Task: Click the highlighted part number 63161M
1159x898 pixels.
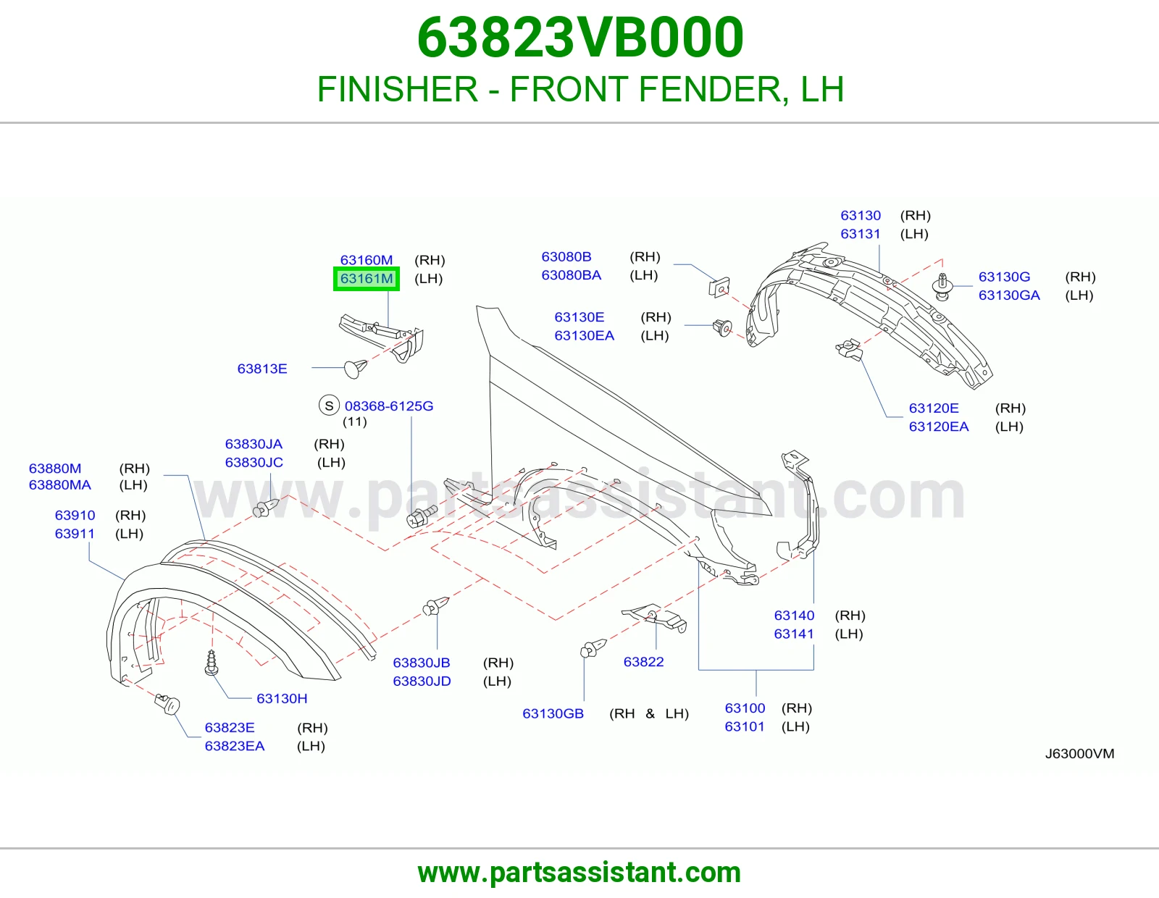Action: pyautogui.click(x=367, y=278)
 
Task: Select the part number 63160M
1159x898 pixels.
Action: pyautogui.click(x=367, y=260)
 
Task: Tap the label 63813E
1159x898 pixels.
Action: pyautogui.click(x=262, y=369)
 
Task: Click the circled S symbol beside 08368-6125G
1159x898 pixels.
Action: pyautogui.click(x=329, y=406)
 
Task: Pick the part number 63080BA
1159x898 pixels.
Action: pyautogui.click(x=572, y=275)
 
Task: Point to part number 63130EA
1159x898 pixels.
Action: pyautogui.click(x=584, y=335)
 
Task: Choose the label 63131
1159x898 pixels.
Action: pyautogui.click(x=861, y=234)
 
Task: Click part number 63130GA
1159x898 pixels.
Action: pyautogui.click(x=1009, y=295)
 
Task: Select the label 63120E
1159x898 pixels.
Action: pyautogui.click(x=934, y=408)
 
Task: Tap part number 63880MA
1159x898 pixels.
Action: pyautogui.click(x=59, y=484)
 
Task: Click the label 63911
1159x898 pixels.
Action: pyautogui.click(x=75, y=533)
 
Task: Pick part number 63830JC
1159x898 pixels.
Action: pyautogui.click(x=254, y=462)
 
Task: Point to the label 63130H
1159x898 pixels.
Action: pyautogui.click(x=282, y=699)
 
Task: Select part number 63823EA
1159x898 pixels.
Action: pyautogui.click(x=235, y=745)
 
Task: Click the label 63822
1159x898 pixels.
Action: pyautogui.click(x=644, y=662)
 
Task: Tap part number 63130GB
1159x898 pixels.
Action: pyautogui.click(x=553, y=713)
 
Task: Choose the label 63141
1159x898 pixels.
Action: pyautogui.click(x=794, y=634)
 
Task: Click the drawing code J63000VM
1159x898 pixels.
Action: pyautogui.click(x=1079, y=753)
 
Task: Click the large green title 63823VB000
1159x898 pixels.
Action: pyautogui.click(x=580, y=38)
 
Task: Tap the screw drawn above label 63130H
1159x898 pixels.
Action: pyautogui.click(x=212, y=663)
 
